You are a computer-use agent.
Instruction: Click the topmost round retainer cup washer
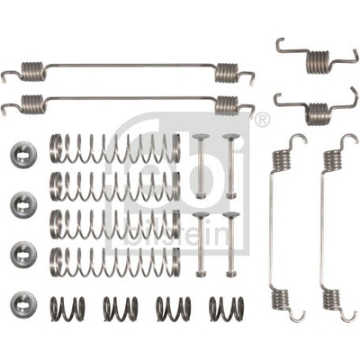tap(23, 154)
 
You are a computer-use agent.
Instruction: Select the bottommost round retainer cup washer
tap(23, 305)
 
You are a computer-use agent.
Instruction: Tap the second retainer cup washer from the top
tap(23, 205)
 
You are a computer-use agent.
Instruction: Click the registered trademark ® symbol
tap(262, 120)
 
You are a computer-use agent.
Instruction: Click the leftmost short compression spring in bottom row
tap(67, 309)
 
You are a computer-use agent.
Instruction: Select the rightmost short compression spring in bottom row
tap(227, 309)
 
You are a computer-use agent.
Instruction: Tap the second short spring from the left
tap(121, 309)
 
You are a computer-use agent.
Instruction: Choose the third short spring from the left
tap(174, 309)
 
